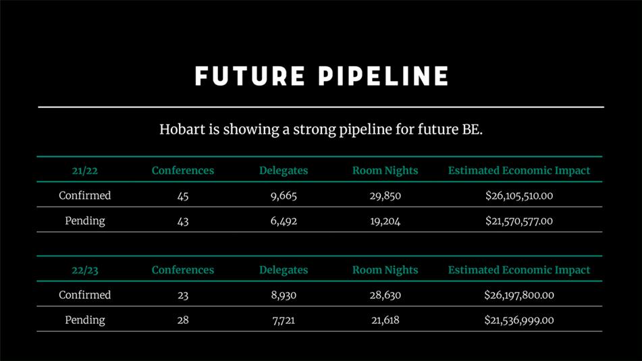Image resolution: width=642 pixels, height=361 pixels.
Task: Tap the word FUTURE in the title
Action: pyautogui.click(x=250, y=76)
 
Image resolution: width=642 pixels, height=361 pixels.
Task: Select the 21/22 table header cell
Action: pyautogui.click(x=85, y=171)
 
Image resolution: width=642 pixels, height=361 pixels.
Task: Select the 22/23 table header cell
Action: pyautogui.click(x=85, y=270)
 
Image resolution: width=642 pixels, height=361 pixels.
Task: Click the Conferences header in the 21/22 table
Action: pyautogui.click(x=183, y=171)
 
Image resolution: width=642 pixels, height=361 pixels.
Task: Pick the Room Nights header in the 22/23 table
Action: pyautogui.click(x=385, y=270)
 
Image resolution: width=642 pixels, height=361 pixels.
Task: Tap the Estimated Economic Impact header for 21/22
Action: pyautogui.click(x=518, y=171)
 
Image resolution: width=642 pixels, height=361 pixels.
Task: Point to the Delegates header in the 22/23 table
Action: pyautogui.click(x=284, y=270)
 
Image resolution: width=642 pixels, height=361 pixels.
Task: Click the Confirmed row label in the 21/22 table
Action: pyautogui.click(x=85, y=195)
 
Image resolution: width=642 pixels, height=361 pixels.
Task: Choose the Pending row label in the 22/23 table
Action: pyautogui.click(x=85, y=320)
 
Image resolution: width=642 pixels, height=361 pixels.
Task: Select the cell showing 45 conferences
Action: pyautogui.click(x=183, y=196)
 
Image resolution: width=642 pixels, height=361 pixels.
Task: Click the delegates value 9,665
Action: pyautogui.click(x=284, y=196)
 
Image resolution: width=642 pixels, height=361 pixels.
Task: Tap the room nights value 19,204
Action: pyautogui.click(x=385, y=221)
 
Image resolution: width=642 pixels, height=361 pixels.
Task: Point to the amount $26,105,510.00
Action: pyautogui.click(x=518, y=196)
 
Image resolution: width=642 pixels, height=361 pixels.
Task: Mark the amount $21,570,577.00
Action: pyautogui.click(x=518, y=221)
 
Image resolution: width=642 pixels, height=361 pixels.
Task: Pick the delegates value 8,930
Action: pyautogui.click(x=284, y=295)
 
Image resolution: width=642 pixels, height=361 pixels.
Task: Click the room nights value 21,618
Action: pyautogui.click(x=385, y=320)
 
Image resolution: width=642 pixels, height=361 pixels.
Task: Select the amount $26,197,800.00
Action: pyautogui.click(x=518, y=295)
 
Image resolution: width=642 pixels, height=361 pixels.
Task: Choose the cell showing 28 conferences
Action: pyautogui.click(x=183, y=320)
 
